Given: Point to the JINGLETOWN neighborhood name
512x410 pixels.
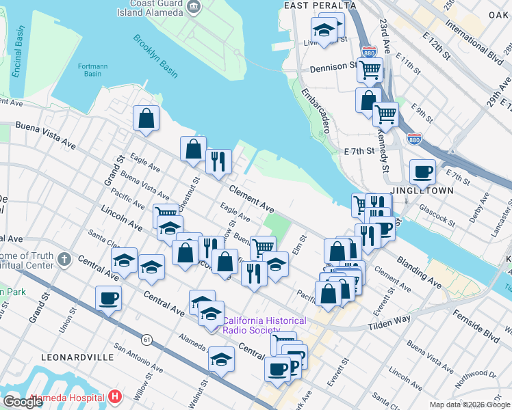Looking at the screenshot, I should [422, 191].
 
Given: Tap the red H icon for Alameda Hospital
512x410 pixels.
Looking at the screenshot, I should [115, 397].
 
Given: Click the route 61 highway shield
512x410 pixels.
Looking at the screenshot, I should [146, 338].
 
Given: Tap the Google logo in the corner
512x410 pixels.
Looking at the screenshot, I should [23, 401].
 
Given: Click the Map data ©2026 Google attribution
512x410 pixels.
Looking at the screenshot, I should [469, 405].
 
